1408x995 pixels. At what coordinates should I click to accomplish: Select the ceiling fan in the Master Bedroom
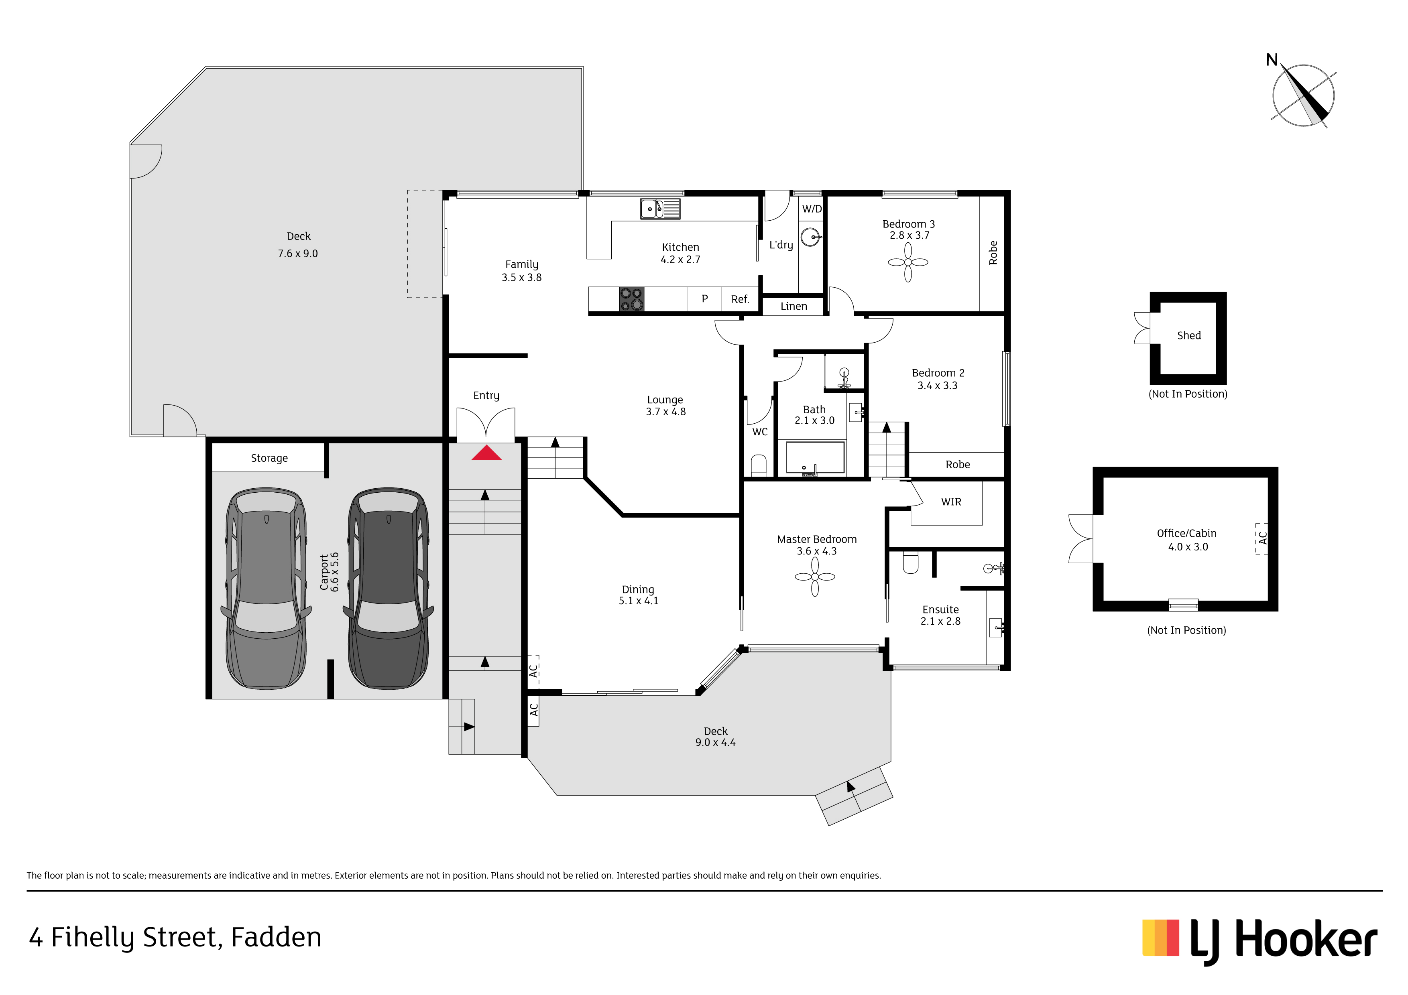(815, 577)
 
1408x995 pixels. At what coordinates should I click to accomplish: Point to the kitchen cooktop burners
(632, 299)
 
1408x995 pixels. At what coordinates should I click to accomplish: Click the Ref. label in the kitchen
(740, 299)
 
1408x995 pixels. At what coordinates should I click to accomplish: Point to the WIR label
(951, 502)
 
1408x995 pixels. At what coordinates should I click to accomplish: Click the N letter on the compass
(1272, 60)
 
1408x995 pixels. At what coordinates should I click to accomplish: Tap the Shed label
(1188, 335)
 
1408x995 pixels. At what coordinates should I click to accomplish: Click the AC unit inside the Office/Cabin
(1262, 539)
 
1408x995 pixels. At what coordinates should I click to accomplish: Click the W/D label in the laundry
(812, 209)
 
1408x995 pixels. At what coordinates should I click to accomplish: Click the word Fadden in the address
(276, 937)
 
